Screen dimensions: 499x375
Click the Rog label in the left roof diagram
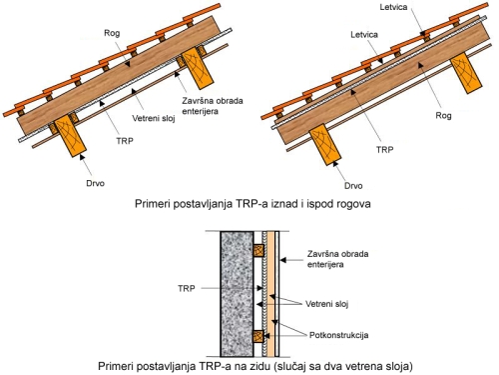112,33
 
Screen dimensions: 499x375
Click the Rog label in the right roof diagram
444,116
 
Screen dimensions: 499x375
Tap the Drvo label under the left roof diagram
95,183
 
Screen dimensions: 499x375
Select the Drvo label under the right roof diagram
353,186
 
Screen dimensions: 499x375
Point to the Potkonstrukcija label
338,335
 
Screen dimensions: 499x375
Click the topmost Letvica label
393,7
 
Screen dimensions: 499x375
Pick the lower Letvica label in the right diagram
364,34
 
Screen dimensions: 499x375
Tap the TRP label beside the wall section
187,288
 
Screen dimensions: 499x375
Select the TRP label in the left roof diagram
125,141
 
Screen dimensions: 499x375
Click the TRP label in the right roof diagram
385,150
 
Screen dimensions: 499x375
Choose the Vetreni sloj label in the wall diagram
326,304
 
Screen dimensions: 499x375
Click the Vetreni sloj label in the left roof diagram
154,118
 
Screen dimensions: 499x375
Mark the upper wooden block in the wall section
258,250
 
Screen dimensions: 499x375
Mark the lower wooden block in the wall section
258,337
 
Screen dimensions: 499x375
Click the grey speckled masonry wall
237,294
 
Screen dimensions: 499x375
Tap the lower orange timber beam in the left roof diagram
70,136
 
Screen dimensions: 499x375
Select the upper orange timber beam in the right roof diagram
466,73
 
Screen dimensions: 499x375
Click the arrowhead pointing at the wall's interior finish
282,260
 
